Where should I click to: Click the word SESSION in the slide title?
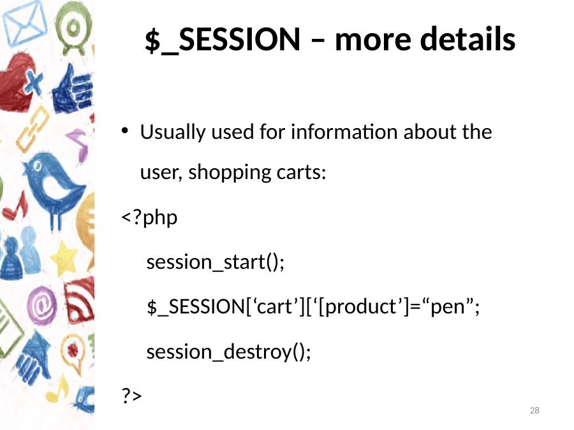(239, 39)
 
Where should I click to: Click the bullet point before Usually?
(125, 131)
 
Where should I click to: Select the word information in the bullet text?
(344, 132)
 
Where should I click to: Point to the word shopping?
(230, 173)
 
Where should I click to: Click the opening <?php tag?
(149, 217)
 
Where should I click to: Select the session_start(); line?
(216, 262)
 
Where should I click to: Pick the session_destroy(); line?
(228, 352)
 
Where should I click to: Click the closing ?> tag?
(131, 395)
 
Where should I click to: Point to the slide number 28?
(534, 410)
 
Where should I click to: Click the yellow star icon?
(64, 258)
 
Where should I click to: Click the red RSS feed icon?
(80, 300)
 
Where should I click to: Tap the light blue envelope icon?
(25, 23)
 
